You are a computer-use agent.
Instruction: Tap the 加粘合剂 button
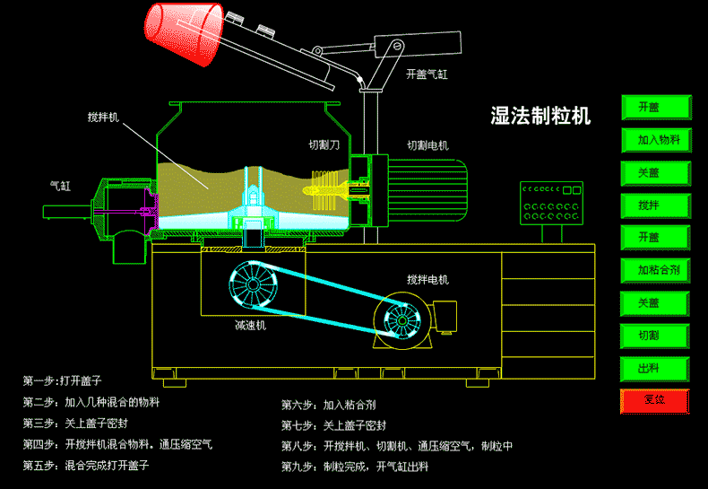point(656,269)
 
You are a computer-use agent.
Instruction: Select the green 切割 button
point(656,335)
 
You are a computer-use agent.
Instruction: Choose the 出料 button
point(656,368)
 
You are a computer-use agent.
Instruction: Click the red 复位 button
point(656,400)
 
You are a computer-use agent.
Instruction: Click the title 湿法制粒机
point(540,115)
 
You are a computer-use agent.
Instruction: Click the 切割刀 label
point(324,144)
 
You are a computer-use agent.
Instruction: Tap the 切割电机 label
point(427,144)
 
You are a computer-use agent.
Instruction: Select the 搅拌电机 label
point(427,279)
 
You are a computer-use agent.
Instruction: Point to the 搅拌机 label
point(103,118)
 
